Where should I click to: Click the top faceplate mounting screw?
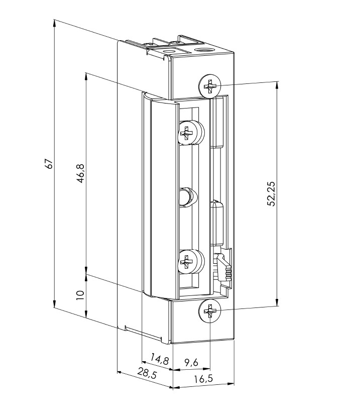click(x=210, y=86)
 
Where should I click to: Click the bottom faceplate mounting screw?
click(x=210, y=312)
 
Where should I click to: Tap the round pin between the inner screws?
click(x=186, y=195)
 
